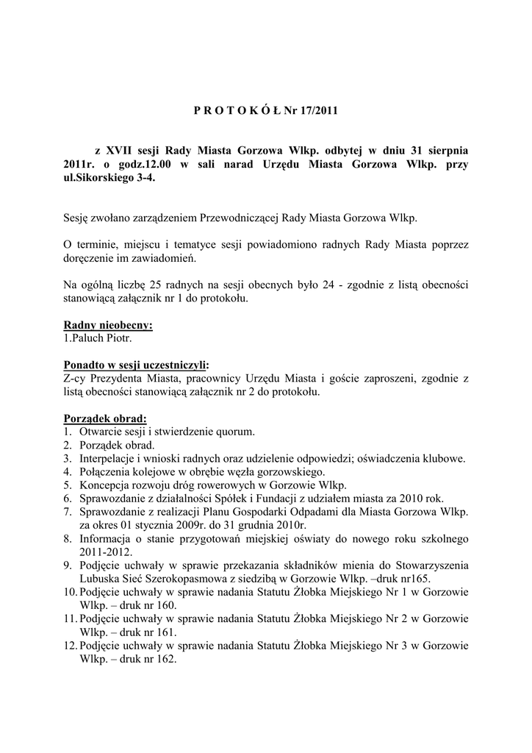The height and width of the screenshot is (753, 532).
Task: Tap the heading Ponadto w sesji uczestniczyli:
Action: pos(136,365)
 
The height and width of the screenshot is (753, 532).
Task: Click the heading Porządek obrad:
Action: pos(105,418)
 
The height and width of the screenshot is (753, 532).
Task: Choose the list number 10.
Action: pos(69,591)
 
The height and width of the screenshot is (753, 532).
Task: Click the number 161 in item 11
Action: pos(166,632)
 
